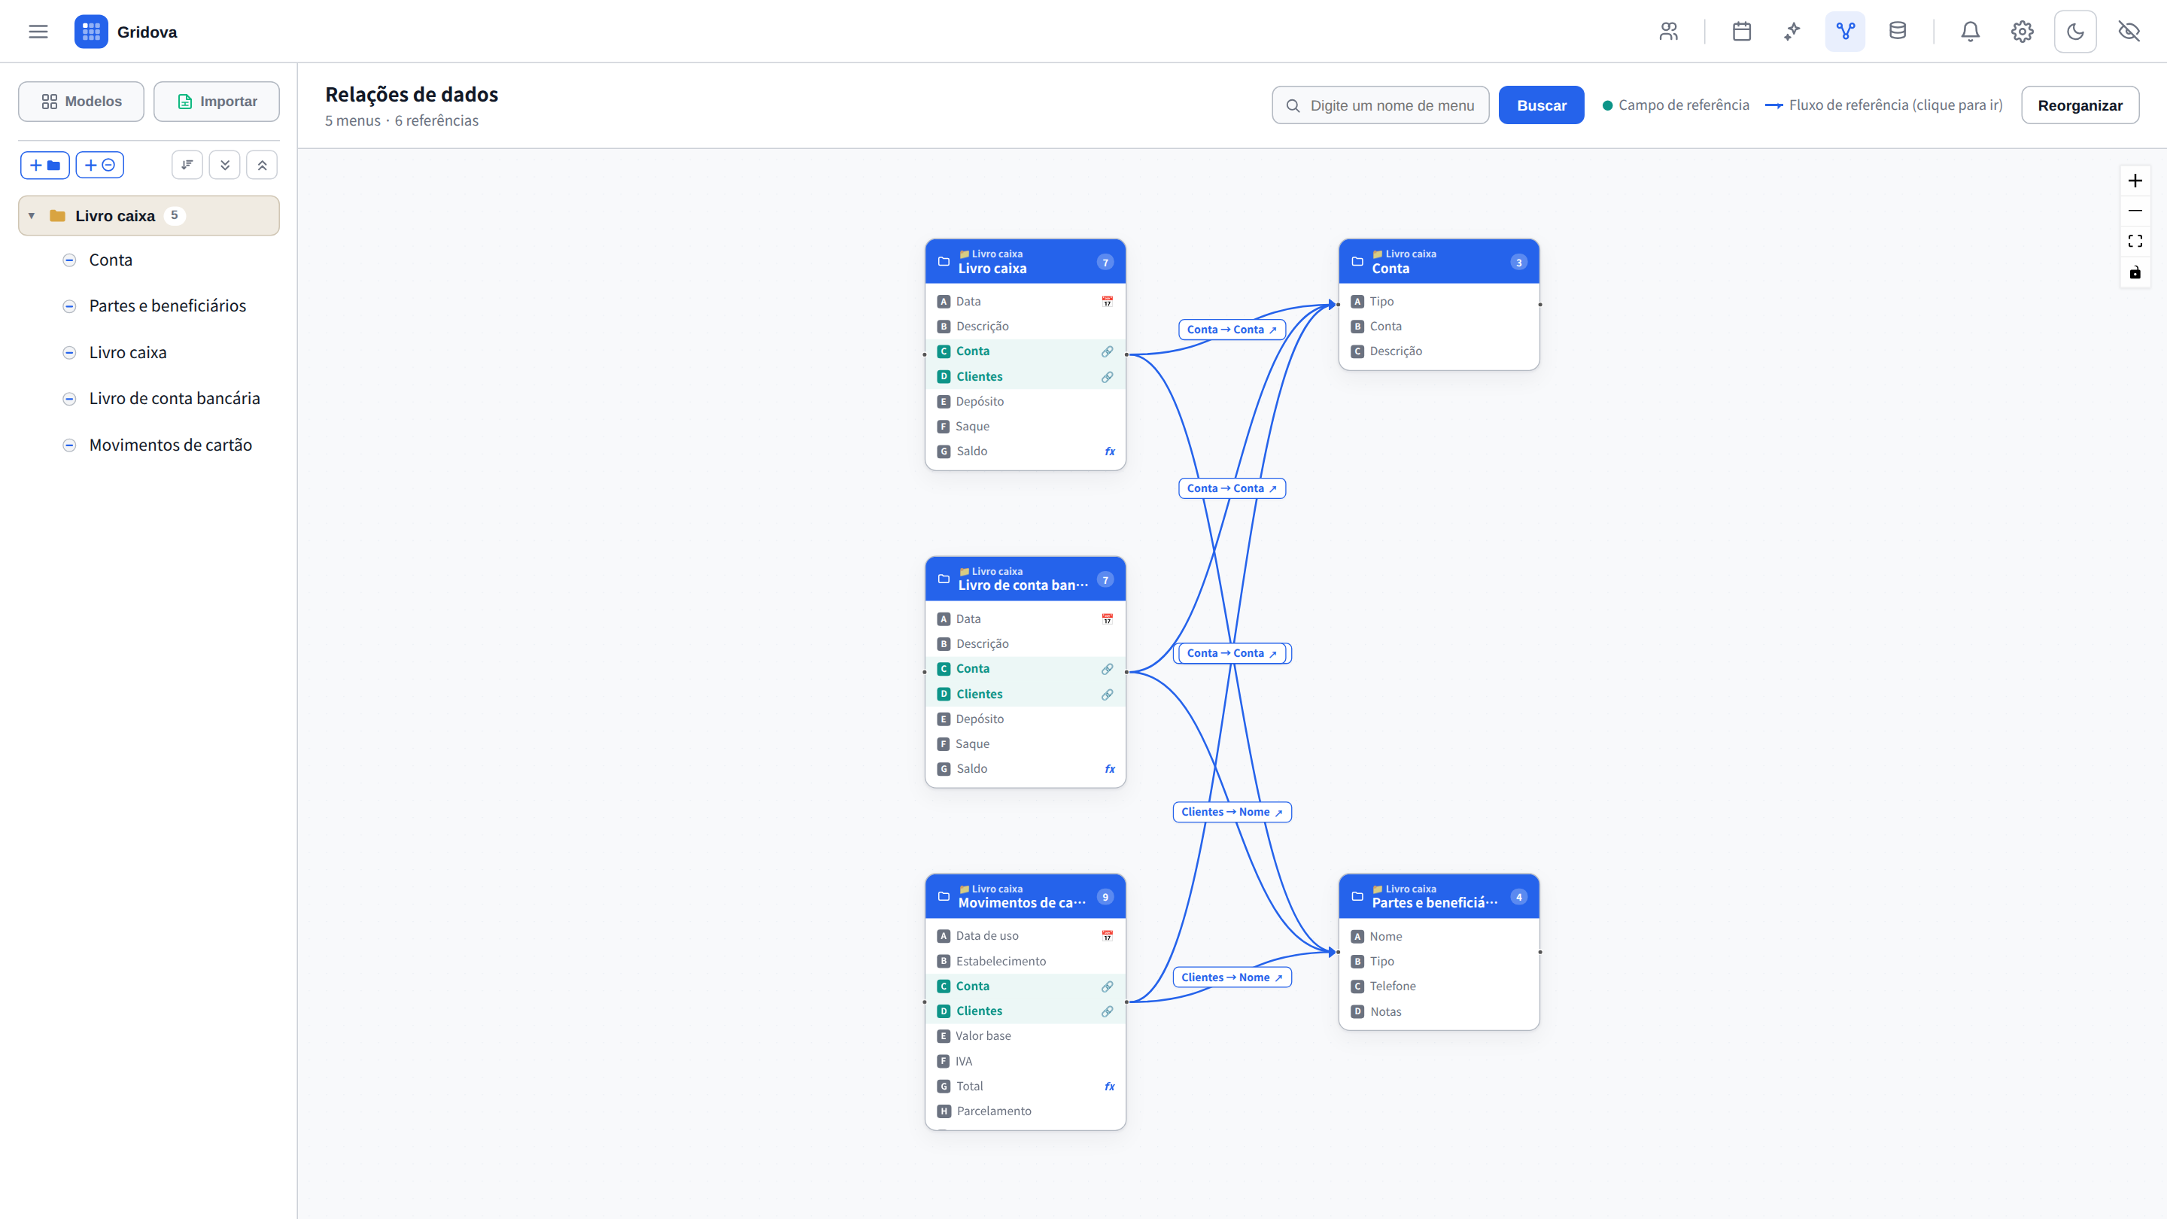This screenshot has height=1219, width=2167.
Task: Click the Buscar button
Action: pyautogui.click(x=1541, y=105)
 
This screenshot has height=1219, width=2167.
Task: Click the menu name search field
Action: pyautogui.click(x=1381, y=105)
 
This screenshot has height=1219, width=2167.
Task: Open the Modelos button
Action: pyautogui.click(x=81, y=101)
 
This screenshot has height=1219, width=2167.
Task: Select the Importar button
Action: pyautogui.click(x=217, y=101)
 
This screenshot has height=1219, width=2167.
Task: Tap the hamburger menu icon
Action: pyautogui.click(x=38, y=32)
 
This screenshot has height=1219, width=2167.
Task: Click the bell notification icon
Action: pyautogui.click(x=1970, y=32)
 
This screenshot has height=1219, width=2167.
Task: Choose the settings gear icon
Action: pyautogui.click(x=2023, y=32)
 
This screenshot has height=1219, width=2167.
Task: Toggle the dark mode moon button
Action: pyautogui.click(x=2075, y=32)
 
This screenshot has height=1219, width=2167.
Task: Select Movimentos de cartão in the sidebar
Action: pyautogui.click(x=171, y=445)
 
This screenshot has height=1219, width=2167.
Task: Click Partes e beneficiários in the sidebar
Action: pyautogui.click(x=167, y=306)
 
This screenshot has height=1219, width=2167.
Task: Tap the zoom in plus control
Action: pyautogui.click(x=2135, y=181)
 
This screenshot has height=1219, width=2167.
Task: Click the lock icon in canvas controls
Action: pyautogui.click(x=2135, y=272)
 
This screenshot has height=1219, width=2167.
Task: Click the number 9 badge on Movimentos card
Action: pyautogui.click(x=1105, y=897)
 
